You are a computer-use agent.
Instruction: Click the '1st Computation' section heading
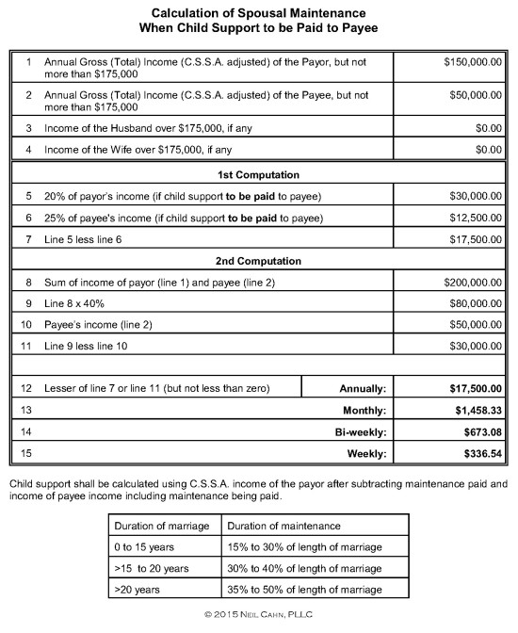(258, 175)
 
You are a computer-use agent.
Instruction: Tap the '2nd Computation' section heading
(258, 261)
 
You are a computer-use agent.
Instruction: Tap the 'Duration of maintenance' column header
(281, 526)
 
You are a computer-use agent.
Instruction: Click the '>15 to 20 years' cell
(152, 568)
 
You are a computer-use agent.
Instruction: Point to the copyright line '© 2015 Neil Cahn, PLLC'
(258, 615)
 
